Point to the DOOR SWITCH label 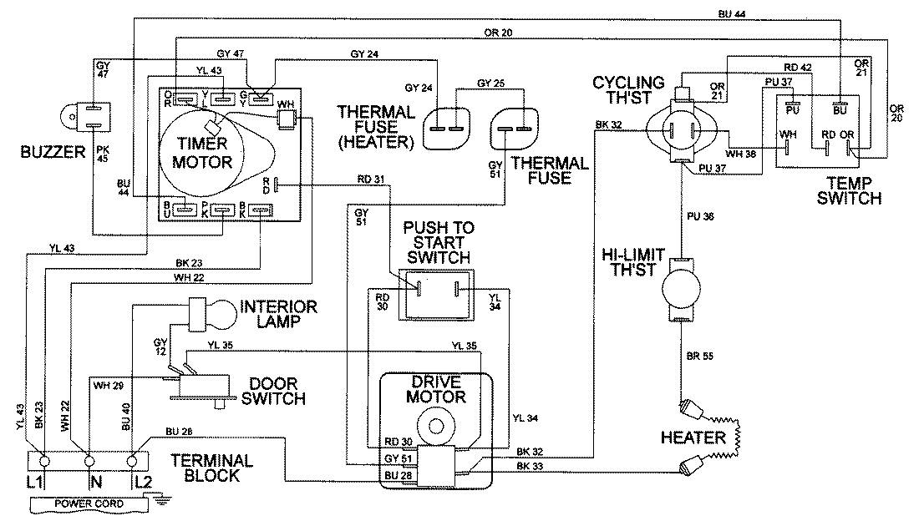pos(273,391)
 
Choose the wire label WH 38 pos(742,154)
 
